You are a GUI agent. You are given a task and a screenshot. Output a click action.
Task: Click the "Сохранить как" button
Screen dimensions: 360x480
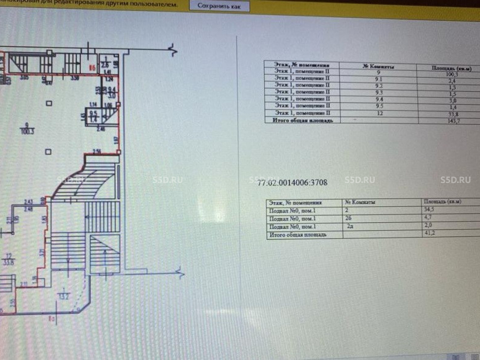(219, 6)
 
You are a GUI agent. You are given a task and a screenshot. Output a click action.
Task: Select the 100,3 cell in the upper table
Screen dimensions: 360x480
(446, 74)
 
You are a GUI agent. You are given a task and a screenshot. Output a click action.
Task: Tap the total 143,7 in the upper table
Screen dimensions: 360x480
(448, 120)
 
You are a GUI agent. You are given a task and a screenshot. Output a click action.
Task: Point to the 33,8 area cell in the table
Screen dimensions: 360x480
(447, 114)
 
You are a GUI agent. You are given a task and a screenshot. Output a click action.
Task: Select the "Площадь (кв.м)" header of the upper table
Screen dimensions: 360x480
(449, 68)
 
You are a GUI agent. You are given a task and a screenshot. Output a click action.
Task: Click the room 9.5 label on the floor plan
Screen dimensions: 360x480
(95, 114)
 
